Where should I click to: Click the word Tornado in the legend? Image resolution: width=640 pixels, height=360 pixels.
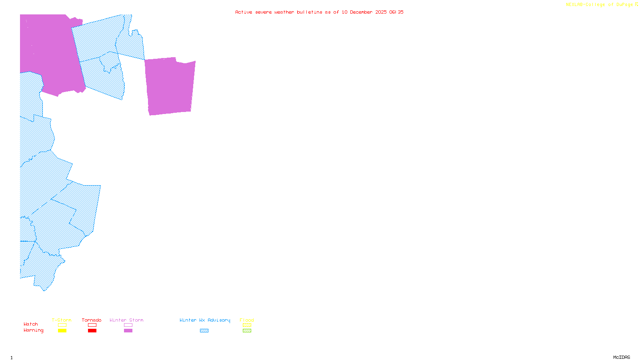click(x=92, y=320)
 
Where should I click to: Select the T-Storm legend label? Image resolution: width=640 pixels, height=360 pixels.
click(x=62, y=320)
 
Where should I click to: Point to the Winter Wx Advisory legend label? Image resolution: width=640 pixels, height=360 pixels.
click(x=205, y=320)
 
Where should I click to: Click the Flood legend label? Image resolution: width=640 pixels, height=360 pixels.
click(x=247, y=320)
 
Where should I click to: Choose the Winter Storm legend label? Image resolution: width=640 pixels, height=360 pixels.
click(x=126, y=320)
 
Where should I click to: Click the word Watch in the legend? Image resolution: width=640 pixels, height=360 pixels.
click(x=31, y=324)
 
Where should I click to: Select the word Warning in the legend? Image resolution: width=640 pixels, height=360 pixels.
click(x=34, y=330)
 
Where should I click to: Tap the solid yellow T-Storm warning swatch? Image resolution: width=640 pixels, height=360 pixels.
click(x=62, y=331)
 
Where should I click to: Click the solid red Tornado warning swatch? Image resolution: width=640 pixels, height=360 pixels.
click(x=92, y=331)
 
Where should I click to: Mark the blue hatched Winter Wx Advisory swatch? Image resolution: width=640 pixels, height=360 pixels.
click(x=204, y=331)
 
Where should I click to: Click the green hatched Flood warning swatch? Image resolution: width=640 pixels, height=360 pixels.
click(x=247, y=331)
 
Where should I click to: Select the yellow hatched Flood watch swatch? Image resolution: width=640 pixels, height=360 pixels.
click(x=247, y=325)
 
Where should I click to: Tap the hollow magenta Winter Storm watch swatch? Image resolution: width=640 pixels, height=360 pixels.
click(x=128, y=325)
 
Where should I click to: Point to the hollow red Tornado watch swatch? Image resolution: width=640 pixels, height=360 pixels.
click(x=92, y=325)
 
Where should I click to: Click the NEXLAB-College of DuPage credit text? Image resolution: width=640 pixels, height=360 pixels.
click(x=600, y=5)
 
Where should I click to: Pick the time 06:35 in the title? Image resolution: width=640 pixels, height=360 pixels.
click(x=396, y=12)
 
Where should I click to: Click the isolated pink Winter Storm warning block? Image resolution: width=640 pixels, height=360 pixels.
click(x=170, y=86)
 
